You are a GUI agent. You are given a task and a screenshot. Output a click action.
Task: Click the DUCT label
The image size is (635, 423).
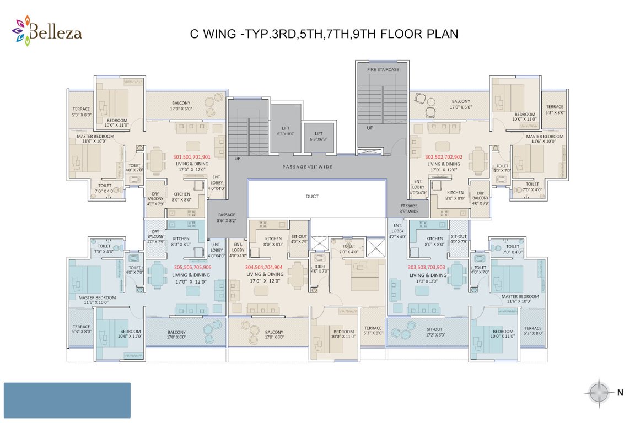point(312,196)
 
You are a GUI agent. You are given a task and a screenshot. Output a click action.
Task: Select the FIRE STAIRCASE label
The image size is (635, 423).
point(383,70)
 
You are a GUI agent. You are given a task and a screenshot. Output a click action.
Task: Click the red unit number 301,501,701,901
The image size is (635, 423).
point(191,157)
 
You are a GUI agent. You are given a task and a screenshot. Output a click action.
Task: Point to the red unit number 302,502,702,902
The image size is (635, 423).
point(444,157)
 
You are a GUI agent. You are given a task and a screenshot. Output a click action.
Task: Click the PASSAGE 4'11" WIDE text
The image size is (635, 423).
point(308,166)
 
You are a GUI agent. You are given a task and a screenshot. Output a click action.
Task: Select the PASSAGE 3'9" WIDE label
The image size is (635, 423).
point(410,208)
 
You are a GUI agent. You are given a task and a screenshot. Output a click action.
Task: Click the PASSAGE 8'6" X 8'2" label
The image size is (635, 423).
point(227,218)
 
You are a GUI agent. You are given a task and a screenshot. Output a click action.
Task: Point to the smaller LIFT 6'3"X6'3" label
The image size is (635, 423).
point(318,136)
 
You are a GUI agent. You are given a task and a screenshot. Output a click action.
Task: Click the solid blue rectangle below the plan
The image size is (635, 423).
point(67,400)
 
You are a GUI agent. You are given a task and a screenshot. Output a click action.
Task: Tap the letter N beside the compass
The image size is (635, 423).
point(620,393)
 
